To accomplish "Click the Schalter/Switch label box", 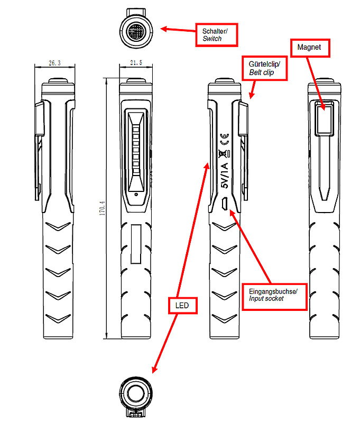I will coord(216,34).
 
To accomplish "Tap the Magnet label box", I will coord(310,48).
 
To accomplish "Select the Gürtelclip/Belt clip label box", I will coord(264,68).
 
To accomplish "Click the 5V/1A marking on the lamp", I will coord(224,176).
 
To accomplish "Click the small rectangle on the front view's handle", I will coord(136,244).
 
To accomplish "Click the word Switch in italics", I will coord(212,39).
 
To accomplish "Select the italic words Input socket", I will coord(266,299).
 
